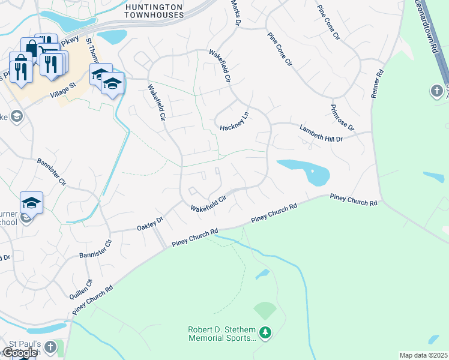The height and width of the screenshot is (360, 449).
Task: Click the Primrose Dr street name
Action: click(342, 118)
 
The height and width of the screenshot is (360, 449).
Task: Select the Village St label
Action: click(65, 89)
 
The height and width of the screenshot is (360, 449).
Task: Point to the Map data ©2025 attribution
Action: click(423, 355)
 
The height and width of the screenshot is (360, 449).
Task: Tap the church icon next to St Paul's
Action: click(52, 347)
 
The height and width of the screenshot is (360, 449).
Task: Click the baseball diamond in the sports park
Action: click(265, 311)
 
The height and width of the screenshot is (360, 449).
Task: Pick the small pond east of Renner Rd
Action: click(433, 177)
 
